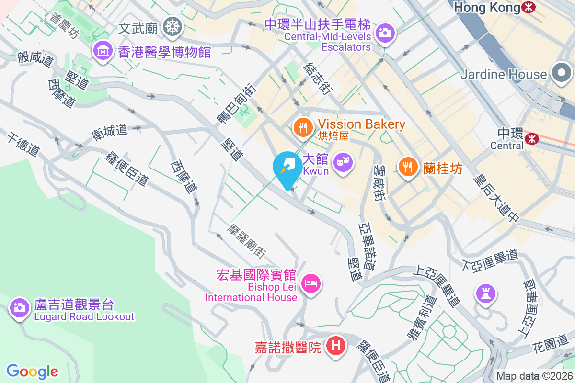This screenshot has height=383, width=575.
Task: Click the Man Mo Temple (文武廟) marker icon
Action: [171, 27]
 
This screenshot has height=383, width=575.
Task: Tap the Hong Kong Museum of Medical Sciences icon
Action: [103, 50]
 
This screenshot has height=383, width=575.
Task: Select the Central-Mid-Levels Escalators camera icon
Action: [384, 33]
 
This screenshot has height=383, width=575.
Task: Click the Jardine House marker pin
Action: [561, 73]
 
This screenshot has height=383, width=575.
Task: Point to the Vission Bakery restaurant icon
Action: [302, 127]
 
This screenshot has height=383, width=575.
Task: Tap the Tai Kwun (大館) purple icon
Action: [343, 162]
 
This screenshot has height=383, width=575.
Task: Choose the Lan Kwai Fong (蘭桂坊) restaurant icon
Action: [407, 167]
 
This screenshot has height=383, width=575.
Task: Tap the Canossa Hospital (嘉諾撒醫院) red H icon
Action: [336, 345]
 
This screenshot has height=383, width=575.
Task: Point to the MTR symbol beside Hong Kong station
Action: [529, 7]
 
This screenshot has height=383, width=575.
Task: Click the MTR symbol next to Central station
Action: [531, 138]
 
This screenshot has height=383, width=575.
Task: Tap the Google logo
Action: [32, 371]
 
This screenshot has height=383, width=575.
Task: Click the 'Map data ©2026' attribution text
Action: [534, 376]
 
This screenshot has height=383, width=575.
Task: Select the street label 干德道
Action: [23, 145]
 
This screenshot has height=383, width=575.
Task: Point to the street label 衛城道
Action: [110, 132]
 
